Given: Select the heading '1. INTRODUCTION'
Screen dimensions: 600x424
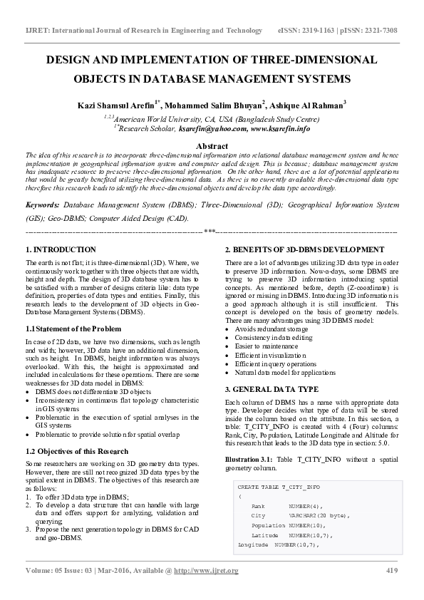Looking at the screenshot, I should pyautogui.click(x=61, y=250).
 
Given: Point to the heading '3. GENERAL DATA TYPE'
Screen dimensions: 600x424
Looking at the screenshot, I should pyautogui.click(x=272, y=390).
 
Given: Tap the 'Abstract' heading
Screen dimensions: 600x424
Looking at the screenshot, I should pyautogui.click(x=212, y=145).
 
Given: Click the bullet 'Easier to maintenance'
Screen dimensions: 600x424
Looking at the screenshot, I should pyautogui.click(x=272, y=345).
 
